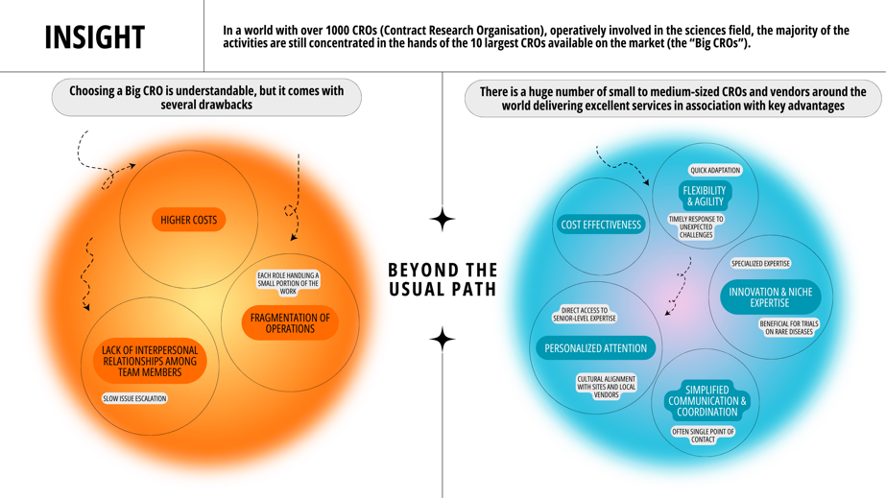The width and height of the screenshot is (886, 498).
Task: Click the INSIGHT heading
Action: [94, 36]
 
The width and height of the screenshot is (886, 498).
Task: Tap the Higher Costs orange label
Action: [188, 220]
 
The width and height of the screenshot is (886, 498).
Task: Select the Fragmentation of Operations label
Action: [290, 323]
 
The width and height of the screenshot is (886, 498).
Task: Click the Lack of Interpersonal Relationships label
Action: [150, 362]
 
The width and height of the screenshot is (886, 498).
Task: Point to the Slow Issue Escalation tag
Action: [134, 398]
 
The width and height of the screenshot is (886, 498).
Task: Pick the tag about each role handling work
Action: [288, 283]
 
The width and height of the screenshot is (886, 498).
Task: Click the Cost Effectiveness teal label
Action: [600, 225]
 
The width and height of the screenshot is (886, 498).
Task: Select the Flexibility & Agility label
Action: [705, 197]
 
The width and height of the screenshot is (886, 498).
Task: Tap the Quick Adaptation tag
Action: [715, 170]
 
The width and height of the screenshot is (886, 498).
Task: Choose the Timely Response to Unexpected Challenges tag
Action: [696, 226]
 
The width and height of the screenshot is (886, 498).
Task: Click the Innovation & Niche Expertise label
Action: [770, 297]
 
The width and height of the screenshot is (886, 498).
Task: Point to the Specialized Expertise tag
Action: [760, 263]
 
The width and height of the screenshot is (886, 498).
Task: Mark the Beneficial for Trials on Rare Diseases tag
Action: [789, 328]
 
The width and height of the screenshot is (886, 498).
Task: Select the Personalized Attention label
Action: [595, 348]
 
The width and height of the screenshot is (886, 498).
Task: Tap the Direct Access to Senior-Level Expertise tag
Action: [584, 315]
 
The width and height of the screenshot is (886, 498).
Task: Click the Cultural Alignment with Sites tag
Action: [606, 387]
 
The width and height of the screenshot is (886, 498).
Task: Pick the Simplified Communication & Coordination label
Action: [707, 401]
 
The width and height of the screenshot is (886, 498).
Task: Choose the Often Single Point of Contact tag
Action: [703, 436]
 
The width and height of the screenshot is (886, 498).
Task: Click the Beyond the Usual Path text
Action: [443, 279]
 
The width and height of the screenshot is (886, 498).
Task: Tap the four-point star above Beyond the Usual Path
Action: [443, 220]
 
